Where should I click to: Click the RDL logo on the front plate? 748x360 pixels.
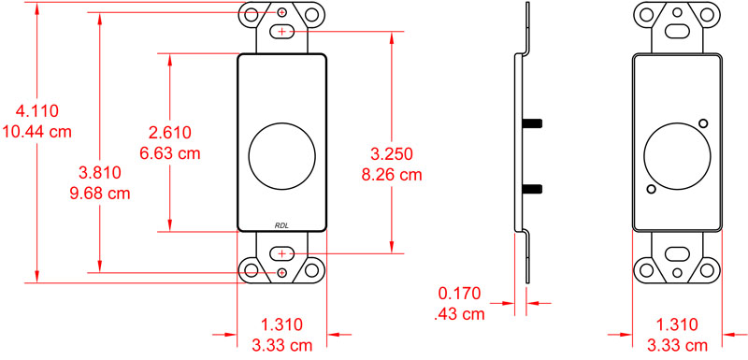282,223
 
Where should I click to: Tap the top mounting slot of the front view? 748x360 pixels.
282,32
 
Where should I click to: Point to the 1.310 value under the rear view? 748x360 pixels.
677,325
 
